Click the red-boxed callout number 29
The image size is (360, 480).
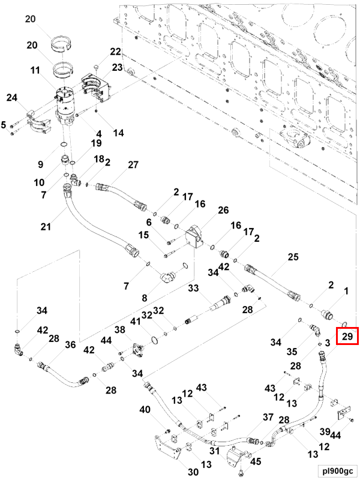[347, 337]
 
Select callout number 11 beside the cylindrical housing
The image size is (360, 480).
[35, 70]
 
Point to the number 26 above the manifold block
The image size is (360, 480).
[223, 210]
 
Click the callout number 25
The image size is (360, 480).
[293, 257]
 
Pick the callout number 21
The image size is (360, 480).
[46, 227]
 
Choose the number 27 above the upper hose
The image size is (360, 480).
[133, 164]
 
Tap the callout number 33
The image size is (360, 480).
[193, 288]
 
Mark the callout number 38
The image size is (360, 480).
[120, 329]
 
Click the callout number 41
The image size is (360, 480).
[136, 321]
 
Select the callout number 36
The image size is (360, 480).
[70, 344]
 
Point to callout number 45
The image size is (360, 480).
[256, 461]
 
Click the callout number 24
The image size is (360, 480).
[12, 98]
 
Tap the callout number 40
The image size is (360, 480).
[145, 409]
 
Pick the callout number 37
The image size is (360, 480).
[268, 417]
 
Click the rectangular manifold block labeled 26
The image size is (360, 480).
[194, 236]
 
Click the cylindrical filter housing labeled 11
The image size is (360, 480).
[66, 106]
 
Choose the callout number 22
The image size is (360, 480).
[115, 52]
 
